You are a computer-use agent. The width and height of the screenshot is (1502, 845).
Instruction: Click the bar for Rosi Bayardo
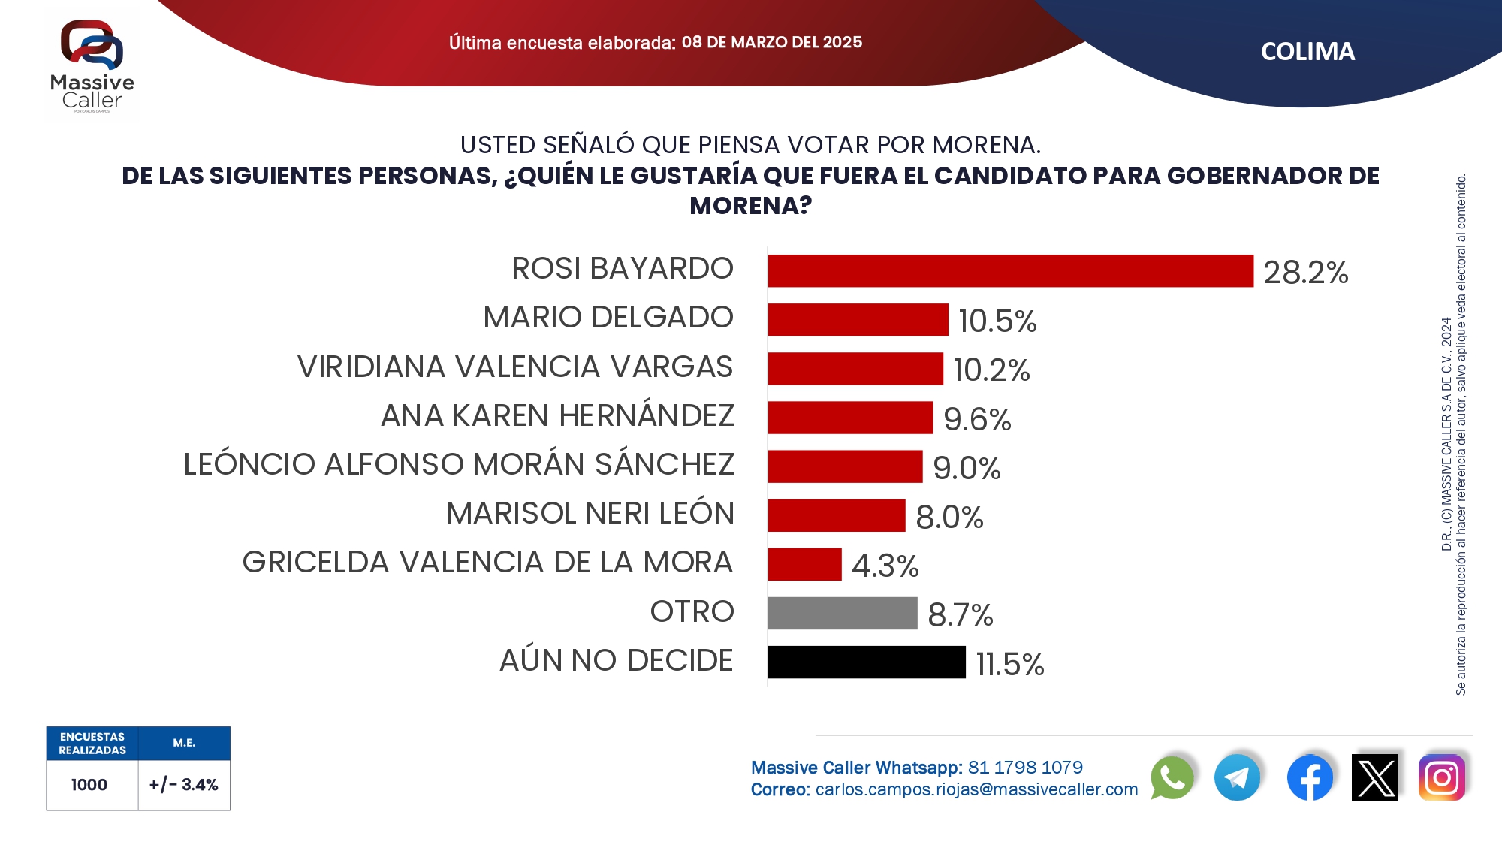[x=1010, y=271]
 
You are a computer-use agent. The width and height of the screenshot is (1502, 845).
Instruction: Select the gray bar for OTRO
[x=842, y=613]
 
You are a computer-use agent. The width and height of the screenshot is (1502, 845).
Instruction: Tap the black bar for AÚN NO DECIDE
[x=866, y=662]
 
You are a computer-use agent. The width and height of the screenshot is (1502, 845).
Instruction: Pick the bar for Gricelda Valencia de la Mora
[x=804, y=564]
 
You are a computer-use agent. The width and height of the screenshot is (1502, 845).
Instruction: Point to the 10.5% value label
[x=997, y=321]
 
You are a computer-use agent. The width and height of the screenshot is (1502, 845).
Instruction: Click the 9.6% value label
[x=977, y=419]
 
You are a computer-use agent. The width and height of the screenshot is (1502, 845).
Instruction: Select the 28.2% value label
[x=1305, y=272]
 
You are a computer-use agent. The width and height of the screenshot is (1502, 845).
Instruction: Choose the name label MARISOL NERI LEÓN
[x=590, y=514]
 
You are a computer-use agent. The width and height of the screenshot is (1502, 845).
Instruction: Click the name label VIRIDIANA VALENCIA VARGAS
[x=515, y=367]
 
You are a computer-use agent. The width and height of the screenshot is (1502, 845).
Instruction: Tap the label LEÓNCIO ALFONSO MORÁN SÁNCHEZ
[x=459, y=465]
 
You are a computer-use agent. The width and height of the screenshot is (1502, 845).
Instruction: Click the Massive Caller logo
[x=92, y=65]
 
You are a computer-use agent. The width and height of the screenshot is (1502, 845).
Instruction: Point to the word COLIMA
[x=1307, y=52]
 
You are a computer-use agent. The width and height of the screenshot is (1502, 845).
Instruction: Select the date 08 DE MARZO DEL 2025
[x=771, y=42]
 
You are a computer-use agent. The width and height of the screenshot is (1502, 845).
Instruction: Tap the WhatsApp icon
[x=1172, y=777]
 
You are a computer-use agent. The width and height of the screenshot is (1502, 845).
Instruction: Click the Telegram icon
[x=1237, y=777]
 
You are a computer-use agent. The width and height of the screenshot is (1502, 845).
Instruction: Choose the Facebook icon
[x=1310, y=777]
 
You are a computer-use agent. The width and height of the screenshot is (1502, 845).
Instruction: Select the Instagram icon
[x=1441, y=777]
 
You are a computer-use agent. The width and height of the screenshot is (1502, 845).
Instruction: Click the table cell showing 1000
[x=89, y=785]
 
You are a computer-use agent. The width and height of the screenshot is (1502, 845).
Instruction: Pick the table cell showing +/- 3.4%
[x=183, y=785]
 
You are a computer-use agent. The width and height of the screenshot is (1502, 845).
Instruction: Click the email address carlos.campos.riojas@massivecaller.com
[x=976, y=790]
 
